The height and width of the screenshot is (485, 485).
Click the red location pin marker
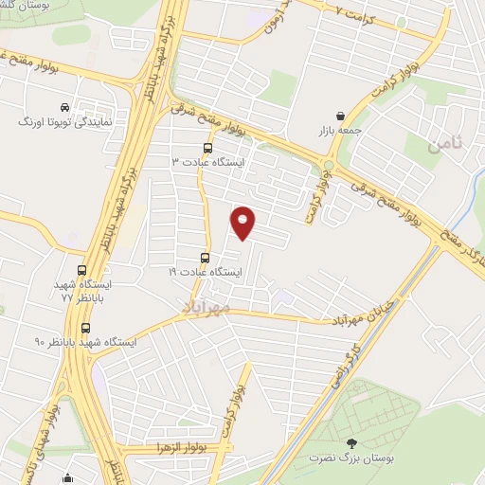[x=243, y=225]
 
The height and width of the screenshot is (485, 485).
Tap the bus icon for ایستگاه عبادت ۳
[x=207, y=148]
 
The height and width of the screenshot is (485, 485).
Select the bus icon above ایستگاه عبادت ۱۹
[x=205, y=258]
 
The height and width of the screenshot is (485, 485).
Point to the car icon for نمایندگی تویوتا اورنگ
[x=63, y=107]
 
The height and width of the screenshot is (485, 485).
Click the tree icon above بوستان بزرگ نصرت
[x=352, y=442]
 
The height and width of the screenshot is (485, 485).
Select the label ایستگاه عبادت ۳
[x=207, y=162]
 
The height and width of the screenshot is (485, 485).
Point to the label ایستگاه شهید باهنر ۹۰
[x=85, y=341]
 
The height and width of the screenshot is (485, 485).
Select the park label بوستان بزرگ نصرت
[x=352, y=458]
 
